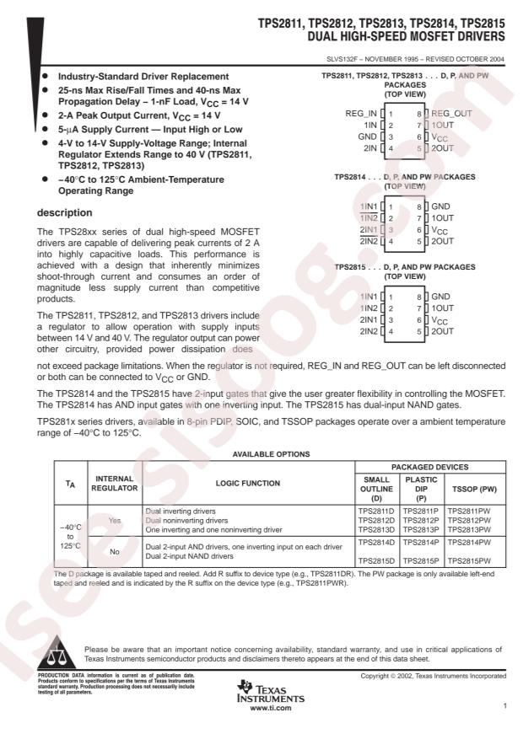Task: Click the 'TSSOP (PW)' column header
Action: [x=471, y=490]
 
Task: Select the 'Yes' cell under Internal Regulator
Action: [x=114, y=521]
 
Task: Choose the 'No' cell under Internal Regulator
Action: [x=114, y=553]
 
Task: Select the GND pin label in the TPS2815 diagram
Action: [x=441, y=297]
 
